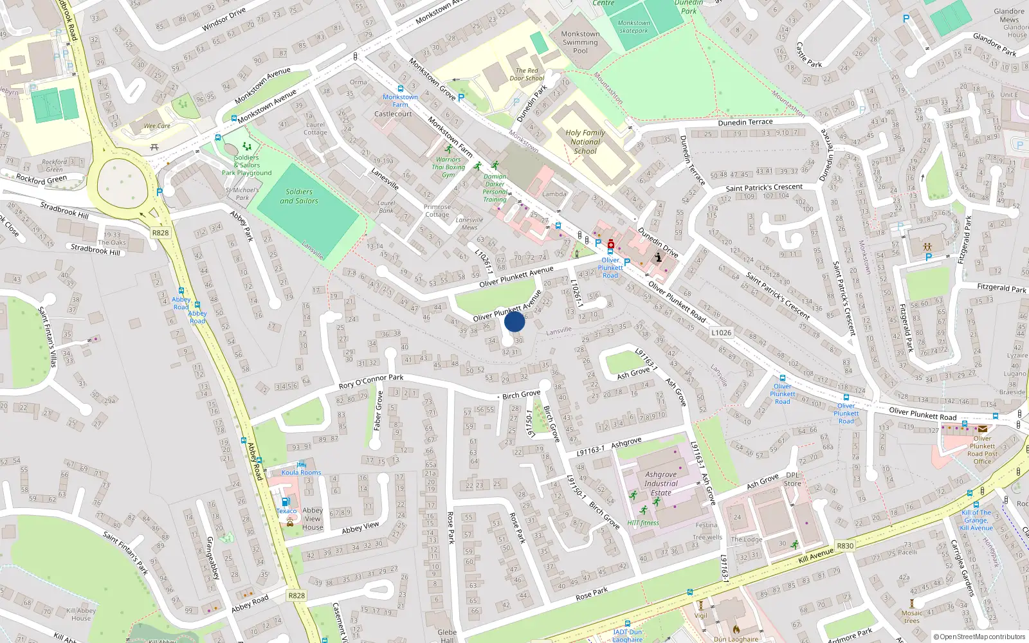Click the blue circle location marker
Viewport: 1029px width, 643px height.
pos(514,321)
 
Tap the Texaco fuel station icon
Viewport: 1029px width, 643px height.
pos(286,502)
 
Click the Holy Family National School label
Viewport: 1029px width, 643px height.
pos(585,141)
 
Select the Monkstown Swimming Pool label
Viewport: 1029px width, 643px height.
pos(580,42)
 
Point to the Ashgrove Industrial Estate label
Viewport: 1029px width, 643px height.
pos(661,484)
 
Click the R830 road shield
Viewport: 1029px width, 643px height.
pos(845,546)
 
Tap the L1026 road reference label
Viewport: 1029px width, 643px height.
pos(721,332)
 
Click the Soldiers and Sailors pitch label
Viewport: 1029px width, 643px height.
pos(299,196)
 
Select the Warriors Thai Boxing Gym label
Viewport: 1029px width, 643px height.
pos(448,167)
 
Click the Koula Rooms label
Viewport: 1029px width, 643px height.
pos(301,473)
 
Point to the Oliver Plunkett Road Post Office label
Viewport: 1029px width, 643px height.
pos(982,449)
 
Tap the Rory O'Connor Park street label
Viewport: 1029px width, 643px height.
pos(371,381)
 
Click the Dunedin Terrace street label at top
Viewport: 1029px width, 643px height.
pos(745,122)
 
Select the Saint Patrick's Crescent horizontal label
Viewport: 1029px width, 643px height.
pos(764,188)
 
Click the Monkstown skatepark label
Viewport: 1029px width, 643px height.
pos(633,26)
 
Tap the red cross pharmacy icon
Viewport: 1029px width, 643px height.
pos(610,244)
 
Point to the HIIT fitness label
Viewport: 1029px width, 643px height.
pos(643,523)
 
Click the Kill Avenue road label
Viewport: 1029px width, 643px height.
pos(815,556)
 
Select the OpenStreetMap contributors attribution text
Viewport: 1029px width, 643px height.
pos(979,637)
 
